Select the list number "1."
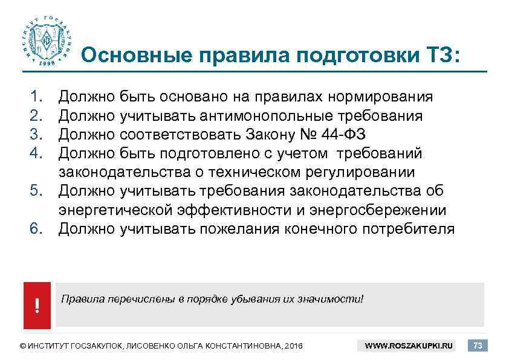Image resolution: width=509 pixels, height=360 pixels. coord(38,96)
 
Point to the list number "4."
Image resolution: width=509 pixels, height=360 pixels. coord(38,153)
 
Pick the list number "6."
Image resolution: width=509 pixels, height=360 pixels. coord(38,229)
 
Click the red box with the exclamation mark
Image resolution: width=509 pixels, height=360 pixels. coord(37,306)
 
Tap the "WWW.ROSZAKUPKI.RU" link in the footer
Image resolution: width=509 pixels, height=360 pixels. coord(410,346)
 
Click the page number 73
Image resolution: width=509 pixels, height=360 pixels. coord(478,346)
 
